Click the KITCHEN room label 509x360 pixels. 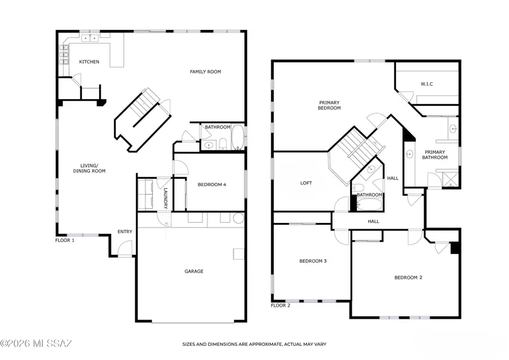coord(89,62)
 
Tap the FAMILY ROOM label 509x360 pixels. coord(205,72)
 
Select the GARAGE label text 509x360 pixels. coord(194,271)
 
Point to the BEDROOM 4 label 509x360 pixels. coord(212,185)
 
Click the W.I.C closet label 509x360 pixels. coord(427,84)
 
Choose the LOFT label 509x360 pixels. coord(306,183)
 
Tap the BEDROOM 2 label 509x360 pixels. coord(408,277)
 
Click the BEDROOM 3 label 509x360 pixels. coord(313,261)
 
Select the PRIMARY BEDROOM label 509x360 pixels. coord(329,105)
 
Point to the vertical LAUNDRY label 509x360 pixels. coord(166,198)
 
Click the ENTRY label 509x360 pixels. coord(125,232)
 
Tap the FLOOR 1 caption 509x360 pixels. coord(65,241)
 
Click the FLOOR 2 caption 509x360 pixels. coord(281,306)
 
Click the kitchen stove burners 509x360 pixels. coord(64,54)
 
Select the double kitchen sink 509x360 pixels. coord(90,38)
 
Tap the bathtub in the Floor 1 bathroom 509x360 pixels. coord(238,137)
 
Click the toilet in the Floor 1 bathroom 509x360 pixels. coord(223,143)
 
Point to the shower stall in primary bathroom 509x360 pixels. coord(451,180)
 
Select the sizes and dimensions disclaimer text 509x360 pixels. coord(254,344)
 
